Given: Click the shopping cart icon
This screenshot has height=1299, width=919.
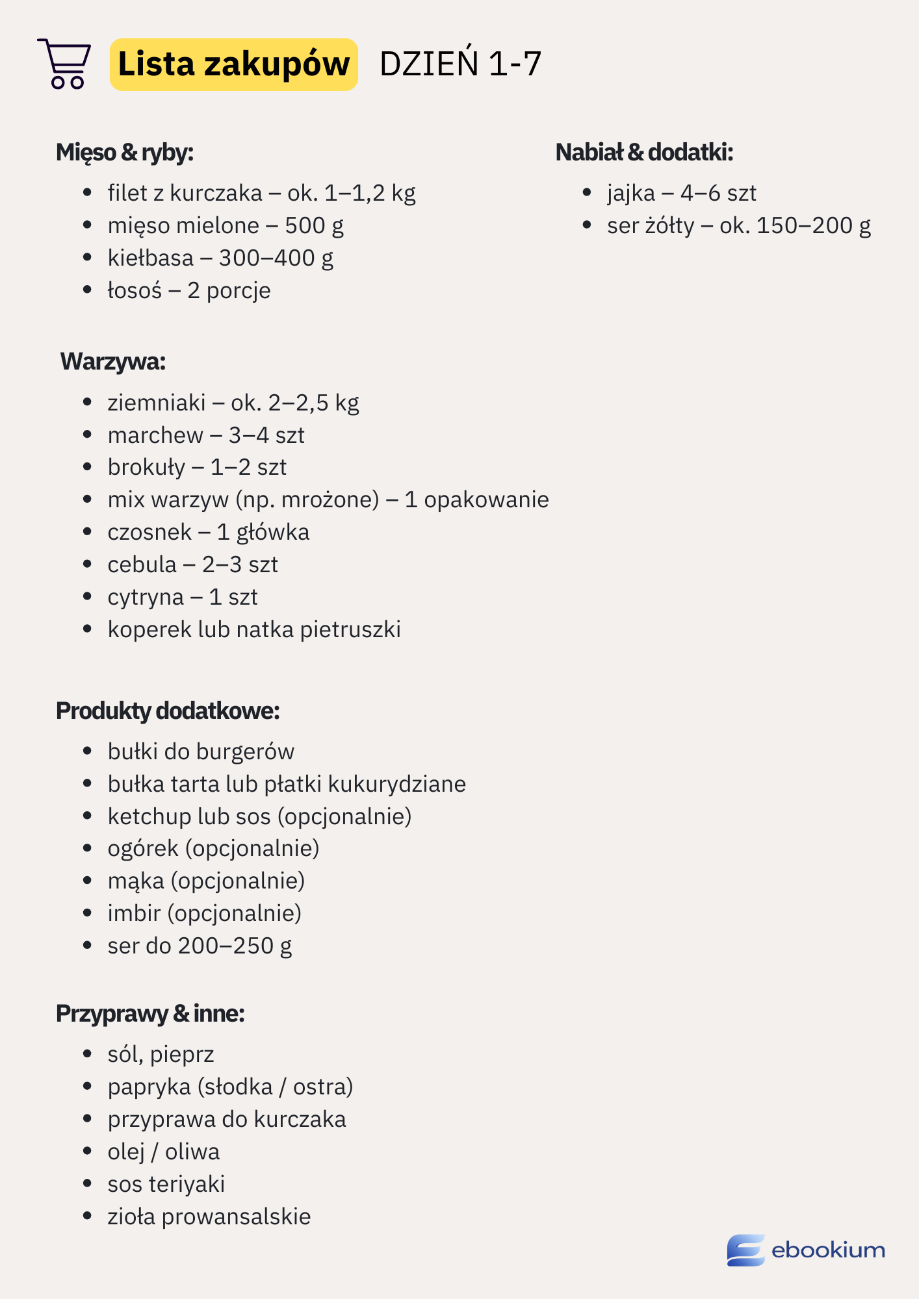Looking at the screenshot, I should pos(64,64).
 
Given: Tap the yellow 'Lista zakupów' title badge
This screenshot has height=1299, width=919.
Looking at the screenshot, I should pos(233,64).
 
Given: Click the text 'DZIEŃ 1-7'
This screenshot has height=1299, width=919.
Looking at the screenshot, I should pos(460,64).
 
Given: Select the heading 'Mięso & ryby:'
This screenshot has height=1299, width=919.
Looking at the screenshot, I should pos(125,153).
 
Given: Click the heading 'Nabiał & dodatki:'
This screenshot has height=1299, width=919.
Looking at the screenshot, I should pos(644,153).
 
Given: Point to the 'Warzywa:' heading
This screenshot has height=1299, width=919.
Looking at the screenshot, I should pos(113,362).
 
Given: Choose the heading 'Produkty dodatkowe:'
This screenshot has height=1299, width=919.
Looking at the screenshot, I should pos(168,711).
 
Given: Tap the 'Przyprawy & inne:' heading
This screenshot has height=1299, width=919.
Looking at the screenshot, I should pos(150,1014).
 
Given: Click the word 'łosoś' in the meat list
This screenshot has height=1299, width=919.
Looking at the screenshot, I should pos(135,290).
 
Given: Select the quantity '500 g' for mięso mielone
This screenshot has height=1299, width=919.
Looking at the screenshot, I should pos(314,225).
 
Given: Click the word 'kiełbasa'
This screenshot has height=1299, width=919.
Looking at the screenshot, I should pos(151,258).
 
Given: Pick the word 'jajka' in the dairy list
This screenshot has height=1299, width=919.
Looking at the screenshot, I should pos(631,193).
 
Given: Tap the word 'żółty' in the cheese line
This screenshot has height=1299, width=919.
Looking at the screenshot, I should pos(670,225).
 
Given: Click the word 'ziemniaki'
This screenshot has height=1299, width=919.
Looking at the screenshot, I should pos(157,403).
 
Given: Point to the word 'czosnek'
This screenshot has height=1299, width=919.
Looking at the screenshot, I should pos(149,532).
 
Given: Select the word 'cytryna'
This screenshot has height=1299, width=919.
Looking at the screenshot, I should pos(146,597).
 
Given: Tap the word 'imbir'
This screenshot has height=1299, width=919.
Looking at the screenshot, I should pos(134,913).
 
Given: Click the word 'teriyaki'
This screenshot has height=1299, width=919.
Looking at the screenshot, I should pos(187,1184).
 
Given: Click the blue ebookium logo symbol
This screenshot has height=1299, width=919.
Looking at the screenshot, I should pos(745,1250).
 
